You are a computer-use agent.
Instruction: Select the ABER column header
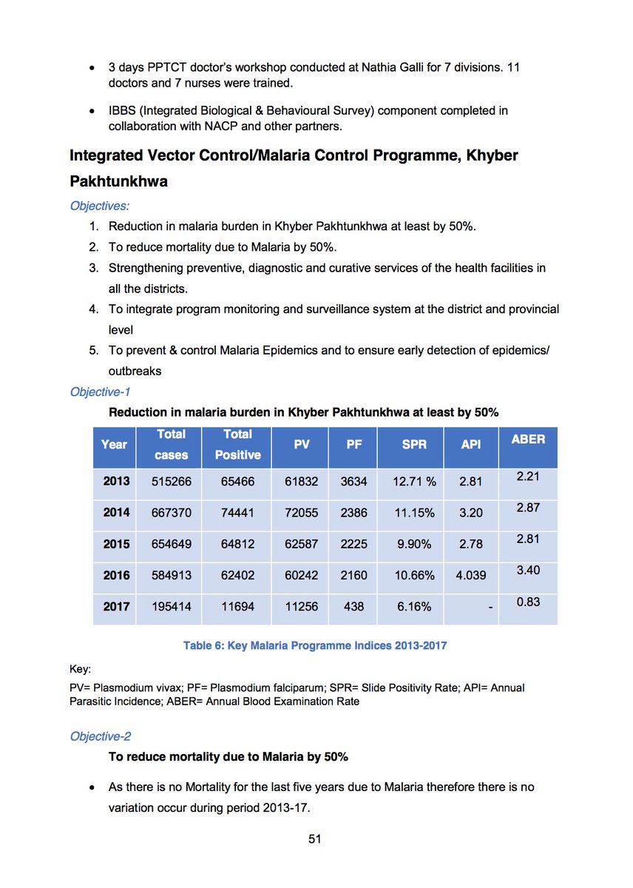tap(528, 439)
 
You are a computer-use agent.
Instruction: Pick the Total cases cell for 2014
tap(172, 513)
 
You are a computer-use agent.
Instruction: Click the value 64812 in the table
tap(237, 544)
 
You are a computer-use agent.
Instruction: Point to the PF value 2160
tap(353, 575)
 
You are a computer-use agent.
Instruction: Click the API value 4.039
tap(471, 575)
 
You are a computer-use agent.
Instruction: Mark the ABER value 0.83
tap(528, 602)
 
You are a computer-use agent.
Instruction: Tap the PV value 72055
tap(302, 513)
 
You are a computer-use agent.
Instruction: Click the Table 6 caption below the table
tap(315, 645)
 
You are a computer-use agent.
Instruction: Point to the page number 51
tap(316, 839)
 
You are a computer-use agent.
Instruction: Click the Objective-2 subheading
tap(101, 736)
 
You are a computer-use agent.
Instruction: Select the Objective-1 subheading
tap(101, 392)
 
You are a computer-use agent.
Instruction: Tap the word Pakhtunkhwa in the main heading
tap(118, 181)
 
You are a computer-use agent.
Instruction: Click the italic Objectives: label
tap(99, 206)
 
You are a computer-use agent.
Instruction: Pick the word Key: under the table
tap(79, 670)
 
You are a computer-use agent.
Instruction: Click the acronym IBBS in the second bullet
tap(122, 111)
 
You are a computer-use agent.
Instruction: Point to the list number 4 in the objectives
tap(95, 309)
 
